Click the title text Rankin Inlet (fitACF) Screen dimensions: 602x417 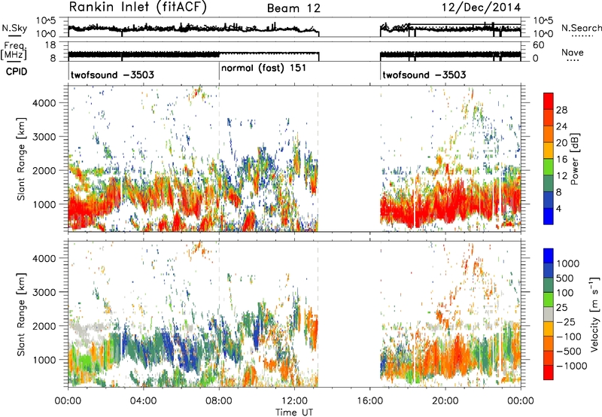coord(138,8)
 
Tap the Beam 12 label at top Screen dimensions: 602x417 coord(293,8)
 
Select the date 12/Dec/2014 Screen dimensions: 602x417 coord(482,8)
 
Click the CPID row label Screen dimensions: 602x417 coord(17,72)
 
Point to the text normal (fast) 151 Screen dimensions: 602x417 coord(264,68)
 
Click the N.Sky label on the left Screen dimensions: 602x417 coord(14,28)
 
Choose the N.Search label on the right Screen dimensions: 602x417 coord(581,28)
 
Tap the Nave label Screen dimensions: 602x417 coord(573,52)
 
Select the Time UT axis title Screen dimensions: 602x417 coord(294,412)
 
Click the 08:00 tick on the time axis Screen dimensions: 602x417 coord(219,401)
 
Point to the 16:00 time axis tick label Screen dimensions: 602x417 coord(369,401)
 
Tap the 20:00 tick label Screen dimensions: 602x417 coord(445,401)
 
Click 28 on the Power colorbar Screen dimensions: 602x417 coord(561,110)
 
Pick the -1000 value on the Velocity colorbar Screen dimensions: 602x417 coord(572,366)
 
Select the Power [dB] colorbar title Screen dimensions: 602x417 coord(575,159)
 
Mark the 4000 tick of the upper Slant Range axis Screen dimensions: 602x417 coord(45,103)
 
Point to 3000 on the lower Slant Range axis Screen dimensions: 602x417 coord(45,292)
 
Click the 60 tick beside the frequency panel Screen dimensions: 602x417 coord(538,45)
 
